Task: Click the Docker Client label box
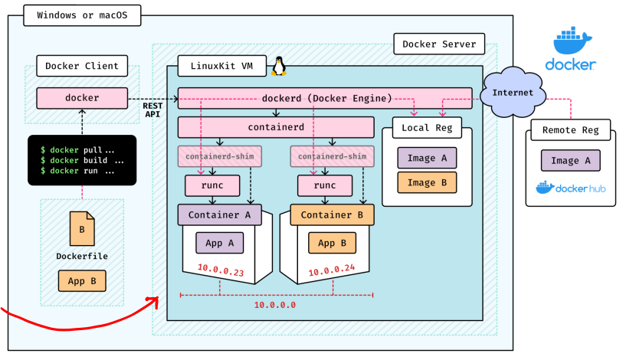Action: (x=82, y=66)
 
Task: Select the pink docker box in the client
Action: (x=82, y=98)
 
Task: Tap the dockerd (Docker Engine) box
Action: (x=325, y=98)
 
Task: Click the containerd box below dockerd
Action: (x=276, y=126)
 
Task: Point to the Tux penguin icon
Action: (x=279, y=66)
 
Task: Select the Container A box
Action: (x=219, y=214)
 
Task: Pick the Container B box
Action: (x=331, y=214)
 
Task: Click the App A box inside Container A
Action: (x=219, y=243)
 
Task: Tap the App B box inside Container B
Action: (x=332, y=243)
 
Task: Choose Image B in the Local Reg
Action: (x=427, y=182)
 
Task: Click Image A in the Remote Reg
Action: (x=570, y=160)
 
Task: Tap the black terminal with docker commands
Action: (x=82, y=160)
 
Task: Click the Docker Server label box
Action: (x=439, y=44)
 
